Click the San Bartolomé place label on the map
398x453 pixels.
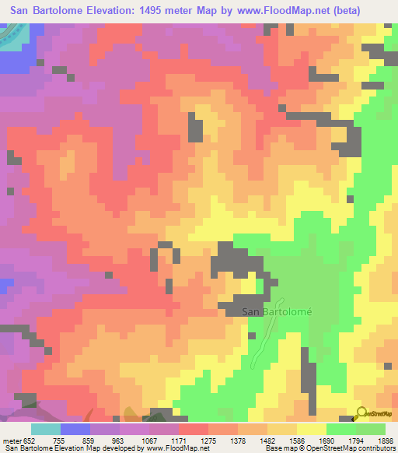coord(278,312)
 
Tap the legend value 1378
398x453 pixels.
coord(239,441)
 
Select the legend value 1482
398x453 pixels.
coord(269,441)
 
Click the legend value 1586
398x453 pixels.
coord(298,441)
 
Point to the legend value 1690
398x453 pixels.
coord(328,441)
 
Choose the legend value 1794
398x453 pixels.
coord(358,441)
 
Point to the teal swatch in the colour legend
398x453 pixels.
coord(45,429)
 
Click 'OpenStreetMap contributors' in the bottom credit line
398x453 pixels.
coord(356,448)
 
